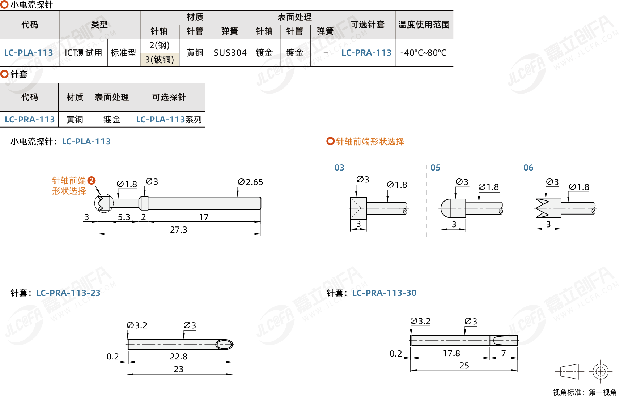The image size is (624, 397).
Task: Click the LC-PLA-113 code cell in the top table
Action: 29,53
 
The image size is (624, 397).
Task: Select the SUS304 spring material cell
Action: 230,53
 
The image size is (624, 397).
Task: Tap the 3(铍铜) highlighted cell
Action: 160,60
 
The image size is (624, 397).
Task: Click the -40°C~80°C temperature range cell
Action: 423,53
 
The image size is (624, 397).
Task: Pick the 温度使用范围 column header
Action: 424,25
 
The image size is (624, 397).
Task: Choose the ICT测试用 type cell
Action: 84,53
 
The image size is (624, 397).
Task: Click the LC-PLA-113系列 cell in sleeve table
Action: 169,120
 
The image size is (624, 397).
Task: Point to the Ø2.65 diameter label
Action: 250,182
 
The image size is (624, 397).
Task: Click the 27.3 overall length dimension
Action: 179,230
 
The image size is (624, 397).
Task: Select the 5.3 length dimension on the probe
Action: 124,217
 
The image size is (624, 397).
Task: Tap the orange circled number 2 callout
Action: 92,180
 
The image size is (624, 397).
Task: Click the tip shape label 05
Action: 435,168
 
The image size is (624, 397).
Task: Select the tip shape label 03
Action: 339,168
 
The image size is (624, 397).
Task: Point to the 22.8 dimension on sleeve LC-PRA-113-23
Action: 179,357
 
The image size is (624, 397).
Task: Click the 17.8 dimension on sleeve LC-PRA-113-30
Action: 451,353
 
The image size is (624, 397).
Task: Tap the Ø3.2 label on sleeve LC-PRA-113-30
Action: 420,321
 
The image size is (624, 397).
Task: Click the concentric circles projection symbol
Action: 600,371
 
